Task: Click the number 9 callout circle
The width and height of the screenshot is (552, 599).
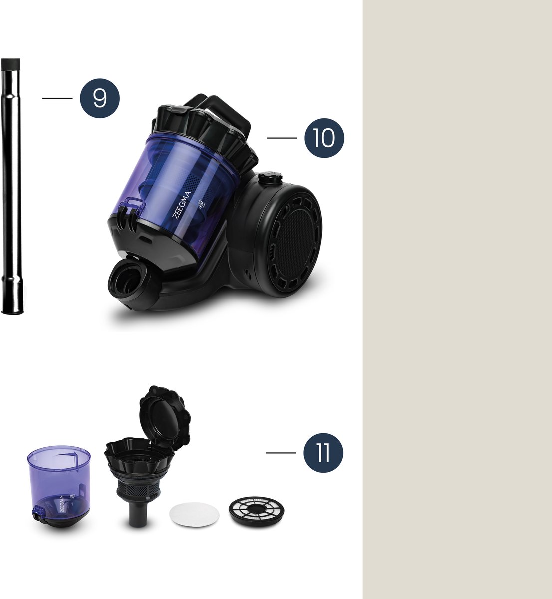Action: (100, 98)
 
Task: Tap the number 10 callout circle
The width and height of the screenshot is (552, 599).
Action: (324, 138)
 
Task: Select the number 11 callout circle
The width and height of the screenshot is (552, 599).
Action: (323, 453)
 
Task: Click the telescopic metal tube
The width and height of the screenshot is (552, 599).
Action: (12, 186)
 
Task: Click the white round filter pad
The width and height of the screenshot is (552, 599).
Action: (194, 514)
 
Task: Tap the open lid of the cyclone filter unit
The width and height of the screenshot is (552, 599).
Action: (165, 417)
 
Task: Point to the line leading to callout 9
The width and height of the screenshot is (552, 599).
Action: (57, 98)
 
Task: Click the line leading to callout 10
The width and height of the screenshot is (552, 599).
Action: (282, 138)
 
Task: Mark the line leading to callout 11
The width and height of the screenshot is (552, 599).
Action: (281, 453)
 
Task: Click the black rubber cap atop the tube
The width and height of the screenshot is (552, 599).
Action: (11, 64)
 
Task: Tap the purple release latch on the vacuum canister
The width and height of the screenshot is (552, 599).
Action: (131, 207)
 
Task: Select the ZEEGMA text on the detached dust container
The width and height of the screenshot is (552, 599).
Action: (62, 504)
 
